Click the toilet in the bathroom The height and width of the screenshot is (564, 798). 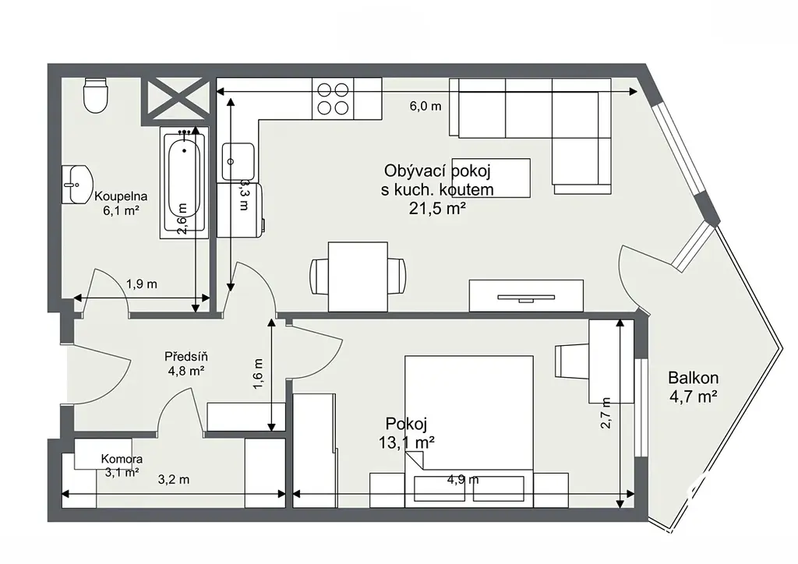(95, 95)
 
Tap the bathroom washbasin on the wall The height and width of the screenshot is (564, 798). (77, 184)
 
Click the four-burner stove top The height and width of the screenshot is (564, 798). (333, 99)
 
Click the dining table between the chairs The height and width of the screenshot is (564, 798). (358, 277)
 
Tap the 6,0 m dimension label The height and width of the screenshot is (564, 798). (425, 106)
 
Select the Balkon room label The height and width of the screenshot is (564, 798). (693, 378)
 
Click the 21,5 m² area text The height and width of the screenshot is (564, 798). (438, 208)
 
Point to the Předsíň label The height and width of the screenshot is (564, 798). (186, 357)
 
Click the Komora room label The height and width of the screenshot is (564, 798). (122, 460)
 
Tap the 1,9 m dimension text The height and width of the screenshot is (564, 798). (142, 284)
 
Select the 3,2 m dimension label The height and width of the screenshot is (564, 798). (174, 480)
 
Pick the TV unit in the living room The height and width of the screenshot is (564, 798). (526, 295)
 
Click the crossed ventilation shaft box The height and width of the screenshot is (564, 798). (175, 101)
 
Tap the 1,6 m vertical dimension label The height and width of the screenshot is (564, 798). (258, 374)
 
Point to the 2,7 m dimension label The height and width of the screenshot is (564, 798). (605, 413)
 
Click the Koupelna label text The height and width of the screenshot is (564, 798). (121, 196)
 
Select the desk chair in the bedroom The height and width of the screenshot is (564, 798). (572, 361)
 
